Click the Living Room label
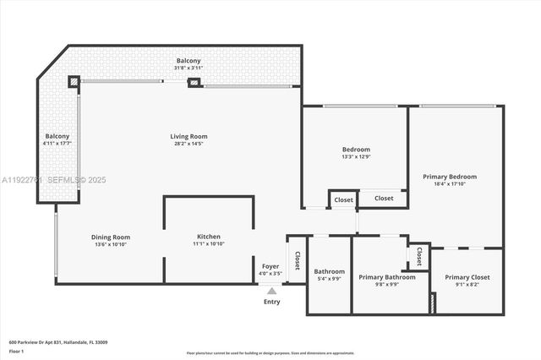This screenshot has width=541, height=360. (189, 136)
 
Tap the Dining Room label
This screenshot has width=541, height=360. (110, 237)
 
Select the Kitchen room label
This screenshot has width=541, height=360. (208, 237)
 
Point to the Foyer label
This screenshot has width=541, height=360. (270, 266)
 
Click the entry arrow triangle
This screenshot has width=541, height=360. (271, 291)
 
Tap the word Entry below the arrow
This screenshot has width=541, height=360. (271, 302)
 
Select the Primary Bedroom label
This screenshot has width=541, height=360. (449, 177)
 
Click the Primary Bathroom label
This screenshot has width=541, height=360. (386, 277)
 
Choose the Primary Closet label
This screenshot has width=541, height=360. (467, 277)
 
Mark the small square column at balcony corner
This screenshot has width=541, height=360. (74, 82)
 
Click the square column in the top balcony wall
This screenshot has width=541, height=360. (194, 83)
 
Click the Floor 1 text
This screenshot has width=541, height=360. (17, 350)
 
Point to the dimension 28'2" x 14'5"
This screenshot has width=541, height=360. (189, 144)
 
